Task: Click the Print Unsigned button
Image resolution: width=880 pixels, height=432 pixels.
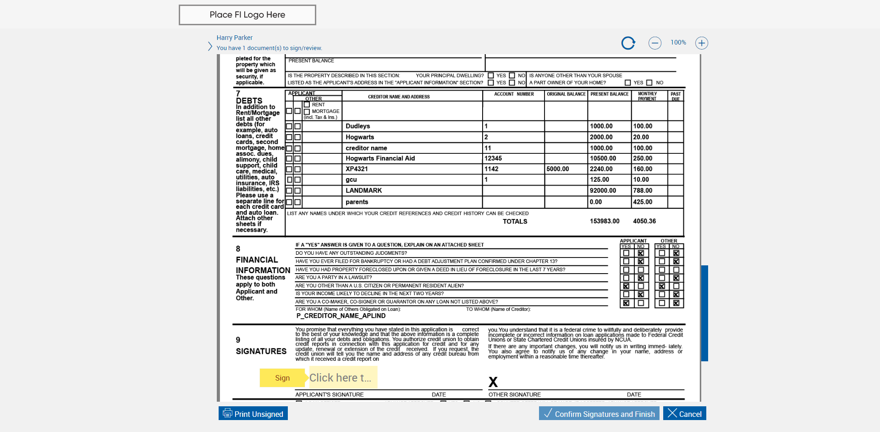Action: click(x=253, y=414)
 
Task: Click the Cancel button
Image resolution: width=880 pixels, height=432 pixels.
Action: click(x=684, y=414)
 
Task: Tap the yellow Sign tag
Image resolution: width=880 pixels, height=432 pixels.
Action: click(x=282, y=378)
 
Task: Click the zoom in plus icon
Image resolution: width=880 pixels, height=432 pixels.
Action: click(x=701, y=43)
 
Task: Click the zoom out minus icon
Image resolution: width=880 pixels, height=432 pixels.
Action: click(x=654, y=43)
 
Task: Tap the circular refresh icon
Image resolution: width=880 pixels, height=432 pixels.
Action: click(x=628, y=43)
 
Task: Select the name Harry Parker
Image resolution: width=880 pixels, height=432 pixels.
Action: click(x=234, y=38)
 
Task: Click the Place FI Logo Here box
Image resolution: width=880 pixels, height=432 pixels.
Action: click(x=247, y=15)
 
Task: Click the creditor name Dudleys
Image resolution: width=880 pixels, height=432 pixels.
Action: click(x=357, y=126)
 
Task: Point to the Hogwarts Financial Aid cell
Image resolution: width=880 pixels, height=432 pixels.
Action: click(x=380, y=158)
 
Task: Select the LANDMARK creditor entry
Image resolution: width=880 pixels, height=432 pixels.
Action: click(x=363, y=191)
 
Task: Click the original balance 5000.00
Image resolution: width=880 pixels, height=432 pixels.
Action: click(x=557, y=169)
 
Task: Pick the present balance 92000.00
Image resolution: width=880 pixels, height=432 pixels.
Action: click(x=603, y=191)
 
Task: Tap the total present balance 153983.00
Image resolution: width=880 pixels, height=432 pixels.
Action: click(x=604, y=221)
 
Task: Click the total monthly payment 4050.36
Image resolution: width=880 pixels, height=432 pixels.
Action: click(x=644, y=221)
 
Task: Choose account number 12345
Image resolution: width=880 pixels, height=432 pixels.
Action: click(x=493, y=158)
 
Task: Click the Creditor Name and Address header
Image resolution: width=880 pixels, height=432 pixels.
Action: click(x=399, y=97)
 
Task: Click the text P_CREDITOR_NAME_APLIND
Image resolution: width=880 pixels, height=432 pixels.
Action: click(x=341, y=316)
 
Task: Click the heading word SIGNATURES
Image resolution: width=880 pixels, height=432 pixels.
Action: click(x=261, y=351)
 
